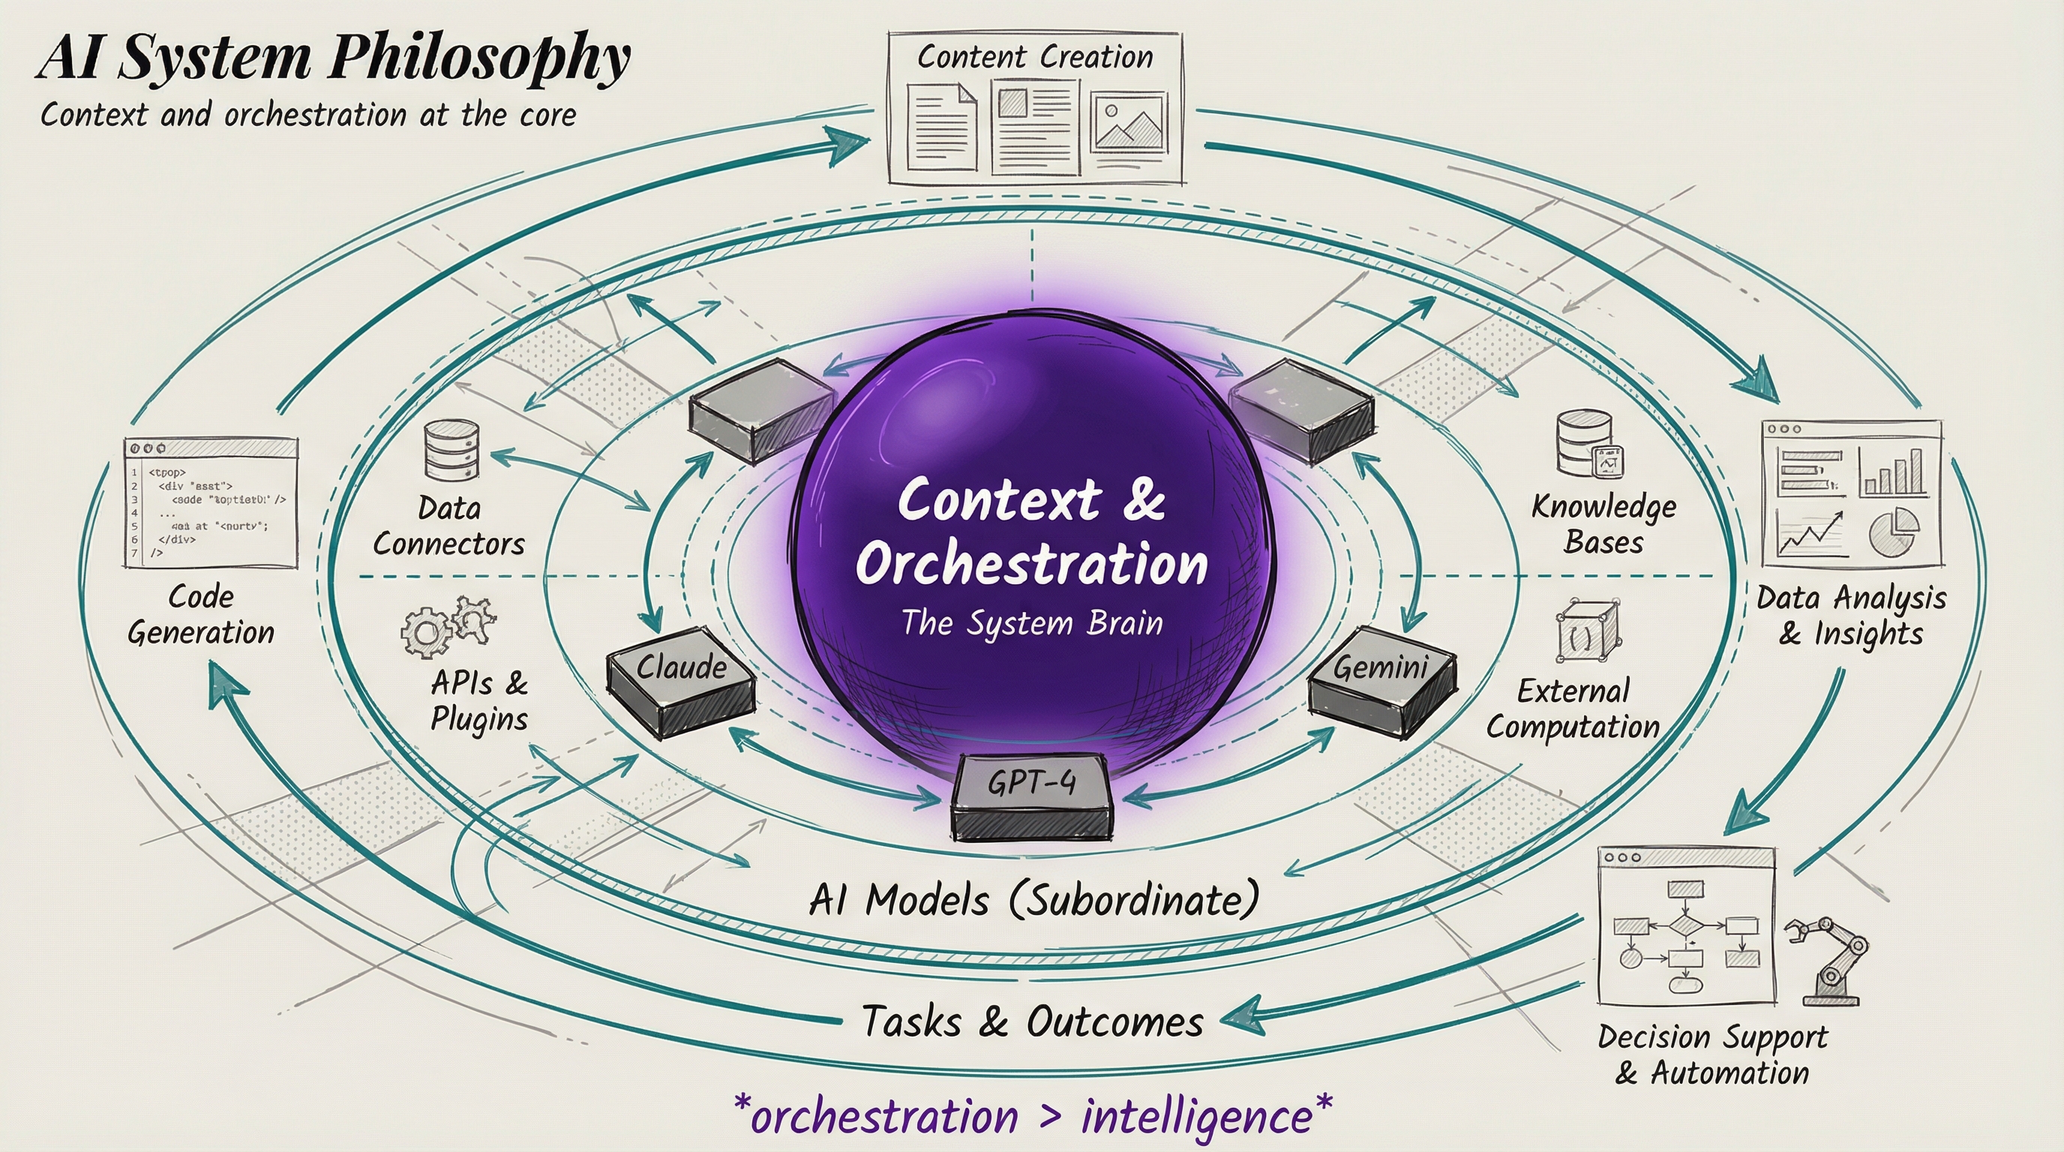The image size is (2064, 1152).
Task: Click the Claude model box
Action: tap(681, 681)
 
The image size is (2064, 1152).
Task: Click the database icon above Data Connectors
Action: tap(451, 450)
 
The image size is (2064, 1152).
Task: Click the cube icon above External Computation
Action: tap(1586, 631)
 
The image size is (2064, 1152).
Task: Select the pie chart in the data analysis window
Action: tap(1894, 532)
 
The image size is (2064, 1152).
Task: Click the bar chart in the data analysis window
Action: tap(1892, 472)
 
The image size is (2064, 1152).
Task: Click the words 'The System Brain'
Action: tap(1032, 623)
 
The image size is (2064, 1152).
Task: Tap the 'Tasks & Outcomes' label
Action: tap(1032, 1022)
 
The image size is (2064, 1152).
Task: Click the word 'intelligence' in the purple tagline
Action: tap(1197, 1117)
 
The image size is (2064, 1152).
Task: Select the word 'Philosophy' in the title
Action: tap(479, 58)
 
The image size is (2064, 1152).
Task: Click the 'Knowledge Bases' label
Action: tap(1604, 524)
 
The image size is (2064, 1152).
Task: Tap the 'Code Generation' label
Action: tap(201, 614)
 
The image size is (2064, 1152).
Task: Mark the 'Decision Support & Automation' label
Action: tap(1713, 1054)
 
